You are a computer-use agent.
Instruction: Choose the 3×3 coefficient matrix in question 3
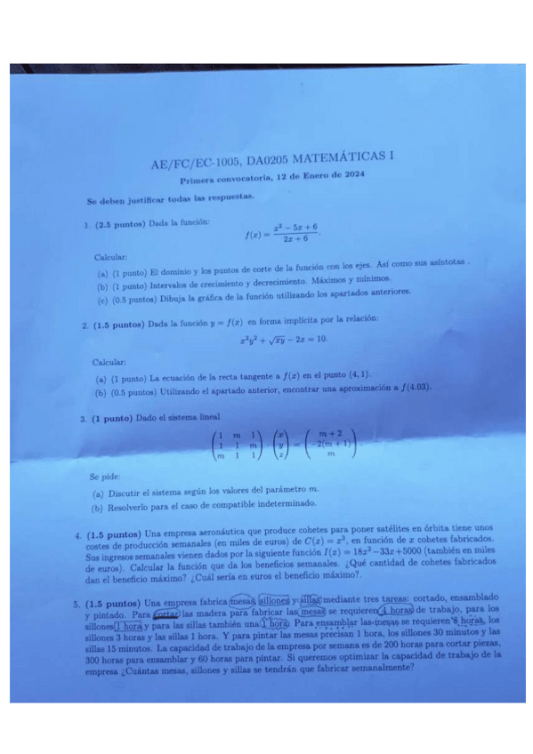(230, 442)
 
